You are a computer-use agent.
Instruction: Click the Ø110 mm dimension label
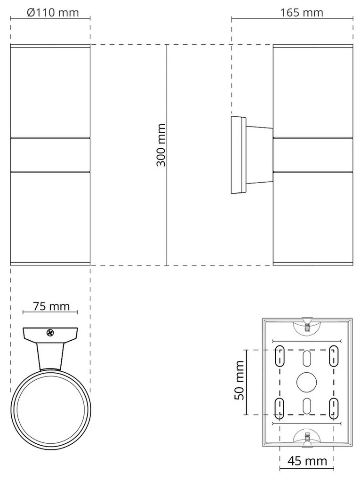[53, 13]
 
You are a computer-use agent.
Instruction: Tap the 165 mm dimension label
[302, 13]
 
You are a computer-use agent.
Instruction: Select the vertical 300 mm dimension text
[161, 145]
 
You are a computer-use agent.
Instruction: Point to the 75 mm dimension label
[51, 306]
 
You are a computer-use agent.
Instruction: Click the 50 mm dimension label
[240, 380]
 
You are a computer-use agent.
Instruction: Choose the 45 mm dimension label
[307, 460]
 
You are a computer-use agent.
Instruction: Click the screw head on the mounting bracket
[50, 333]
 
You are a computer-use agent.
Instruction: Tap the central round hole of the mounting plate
[307, 382]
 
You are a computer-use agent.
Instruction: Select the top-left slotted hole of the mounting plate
[280, 356]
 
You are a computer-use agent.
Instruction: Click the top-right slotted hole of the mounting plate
[334, 356]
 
